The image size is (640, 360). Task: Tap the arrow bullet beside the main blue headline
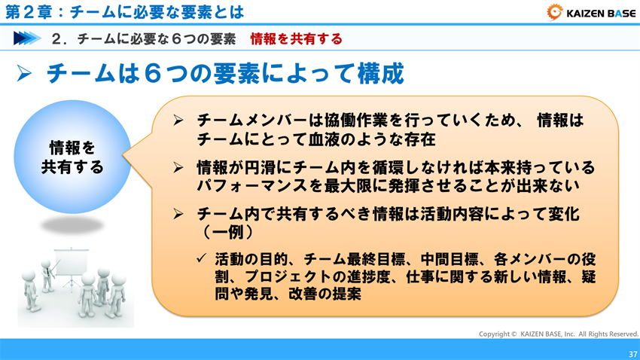tap(23, 75)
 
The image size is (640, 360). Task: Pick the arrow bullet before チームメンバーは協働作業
tap(178, 121)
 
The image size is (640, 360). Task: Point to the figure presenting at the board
tap(47, 273)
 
